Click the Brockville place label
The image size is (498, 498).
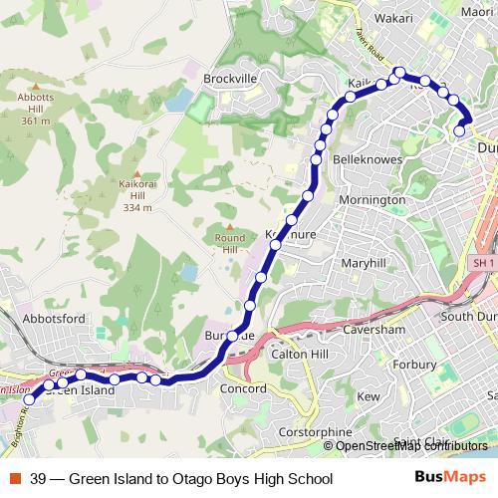[230, 78]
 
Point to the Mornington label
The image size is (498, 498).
[373, 200]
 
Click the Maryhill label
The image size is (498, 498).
[363, 264]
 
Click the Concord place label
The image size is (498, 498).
[245, 387]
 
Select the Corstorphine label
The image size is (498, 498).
[317, 432]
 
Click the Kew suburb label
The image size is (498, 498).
[370, 396]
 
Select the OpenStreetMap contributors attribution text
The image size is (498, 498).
[411, 446]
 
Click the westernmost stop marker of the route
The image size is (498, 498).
[28, 399]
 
